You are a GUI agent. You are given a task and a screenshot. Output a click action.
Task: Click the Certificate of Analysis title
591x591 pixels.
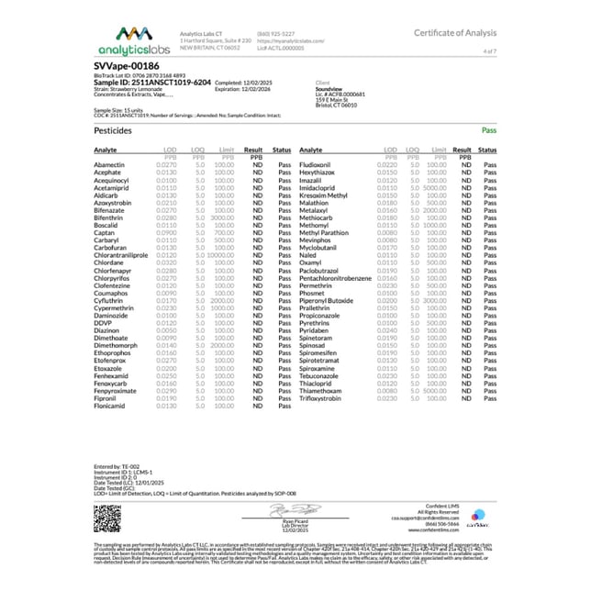coord(452,32)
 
